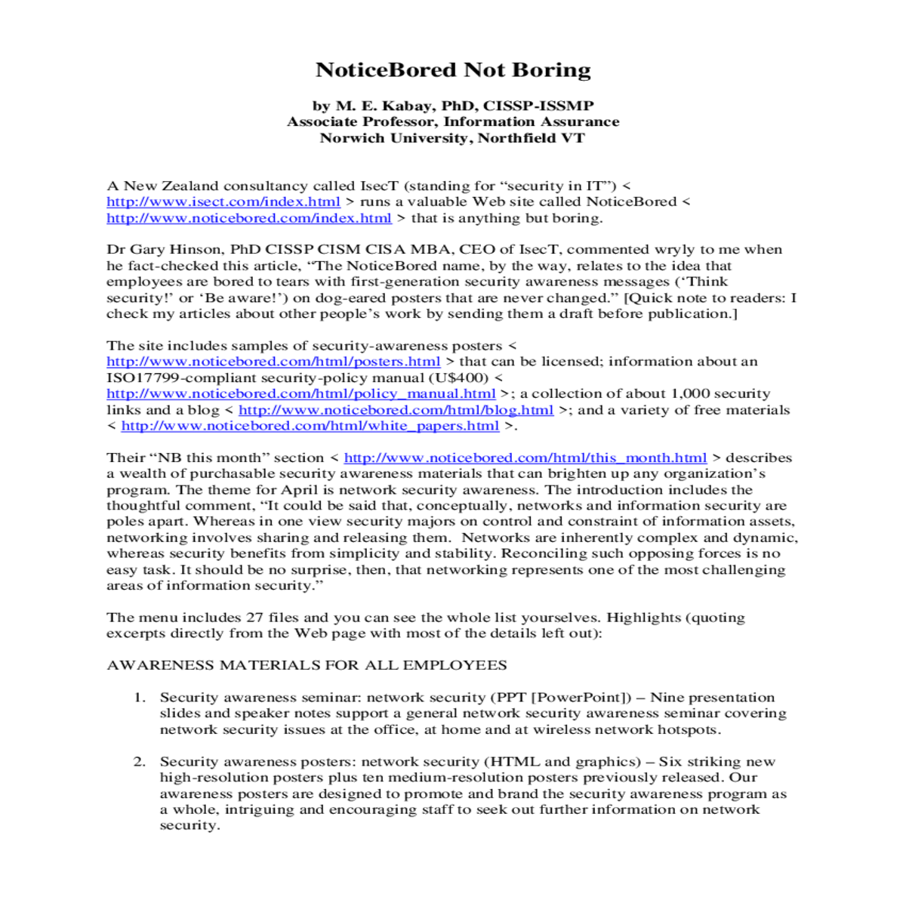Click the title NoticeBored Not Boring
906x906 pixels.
tap(453, 70)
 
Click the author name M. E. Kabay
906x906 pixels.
tap(385, 106)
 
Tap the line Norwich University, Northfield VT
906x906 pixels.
tap(451, 138)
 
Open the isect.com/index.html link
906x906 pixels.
tap(223, 202)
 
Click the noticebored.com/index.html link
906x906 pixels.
tap(248, 218)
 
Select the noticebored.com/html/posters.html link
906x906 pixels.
tap(273, 362)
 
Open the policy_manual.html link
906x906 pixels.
tap(300, 393)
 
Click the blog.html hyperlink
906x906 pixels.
tap(396, 410)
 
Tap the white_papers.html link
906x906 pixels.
tap(310, 426)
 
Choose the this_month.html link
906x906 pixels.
tap(525, 458)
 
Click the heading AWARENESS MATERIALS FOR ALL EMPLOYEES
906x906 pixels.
tap(307, 665)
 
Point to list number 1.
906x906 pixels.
tap(140, 698)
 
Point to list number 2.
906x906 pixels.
tap(140, 762)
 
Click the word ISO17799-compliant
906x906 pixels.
tap(168, 377)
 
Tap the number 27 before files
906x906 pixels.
tap(254, 618)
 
